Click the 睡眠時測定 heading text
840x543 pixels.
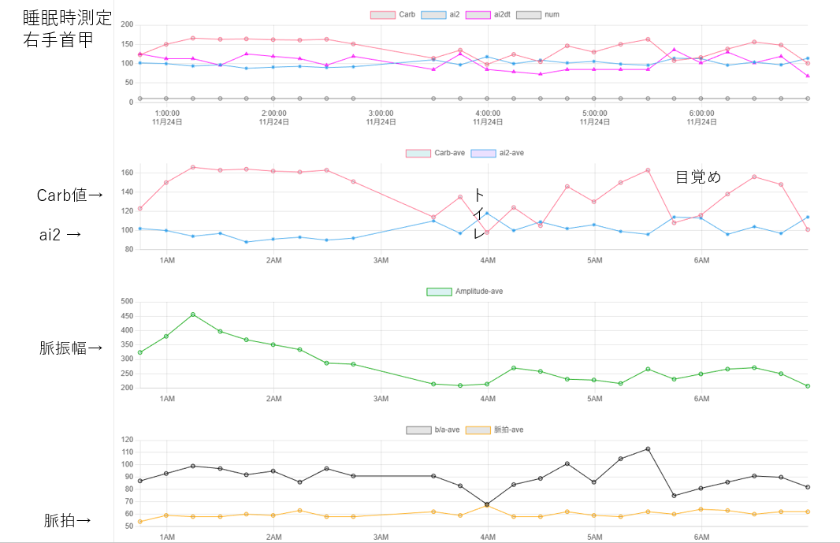tap(68, 18)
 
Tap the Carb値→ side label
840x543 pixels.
tap(69, 195)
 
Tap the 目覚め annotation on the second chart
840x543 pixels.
tap(698, 177)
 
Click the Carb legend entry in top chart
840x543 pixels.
tap(394, 14)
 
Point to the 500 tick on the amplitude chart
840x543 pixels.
tap(126, 301)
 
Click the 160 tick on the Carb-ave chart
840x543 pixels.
tap(127, 173)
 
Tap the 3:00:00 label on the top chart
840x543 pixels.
tap(381, 113)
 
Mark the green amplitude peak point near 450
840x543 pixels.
tap(193, 314)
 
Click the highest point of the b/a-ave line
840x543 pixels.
tap(648, 448)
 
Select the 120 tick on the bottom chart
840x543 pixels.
tap(126, 440)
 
